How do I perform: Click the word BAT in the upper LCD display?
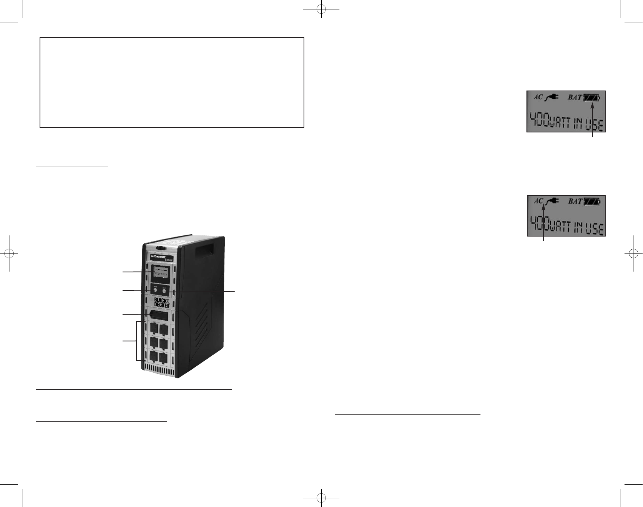(x=575, y=97)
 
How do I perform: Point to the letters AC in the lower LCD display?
(x=538, y=201)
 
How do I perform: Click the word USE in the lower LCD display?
(x=594, y=228)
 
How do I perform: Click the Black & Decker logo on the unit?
(x=161, y=302)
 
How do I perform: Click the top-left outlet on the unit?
(x=154, y=329)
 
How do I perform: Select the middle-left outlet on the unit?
(x=154, y=343)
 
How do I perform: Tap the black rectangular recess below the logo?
(x=158, y=315)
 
